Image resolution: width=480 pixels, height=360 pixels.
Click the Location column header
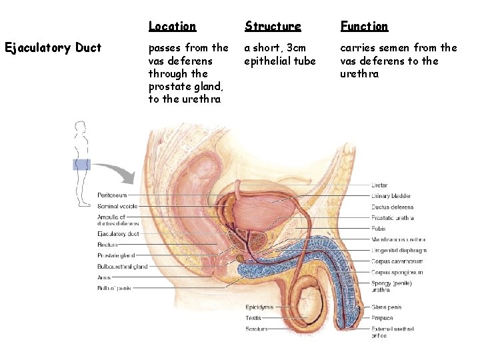click(x=172, y=27)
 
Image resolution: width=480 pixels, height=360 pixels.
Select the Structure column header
click(x=273, y=27)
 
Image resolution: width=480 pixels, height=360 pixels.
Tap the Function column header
click(x=364, y=27)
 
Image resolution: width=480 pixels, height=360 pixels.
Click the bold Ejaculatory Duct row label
click(x=53, y=48)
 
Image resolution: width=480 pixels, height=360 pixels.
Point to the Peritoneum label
click(x=112, y=195)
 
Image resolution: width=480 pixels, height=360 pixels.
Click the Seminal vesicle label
click(x=117, y=206)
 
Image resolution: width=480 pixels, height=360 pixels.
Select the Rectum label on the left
click(x=107, y=245)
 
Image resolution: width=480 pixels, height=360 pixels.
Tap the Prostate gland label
click(x=116, y=255)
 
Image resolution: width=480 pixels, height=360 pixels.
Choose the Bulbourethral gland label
click(x=122, y=267)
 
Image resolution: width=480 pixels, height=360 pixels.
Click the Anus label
click(x=104, y=277)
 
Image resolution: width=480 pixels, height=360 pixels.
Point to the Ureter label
click(x=379, y=185)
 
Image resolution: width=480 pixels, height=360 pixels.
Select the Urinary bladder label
click(x=391, y=196)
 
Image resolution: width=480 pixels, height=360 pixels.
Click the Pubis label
click(x=379, y=229)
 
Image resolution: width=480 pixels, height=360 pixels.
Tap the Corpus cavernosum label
click(x=397, y=261)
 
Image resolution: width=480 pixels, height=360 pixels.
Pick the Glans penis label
click(x=387, y=307)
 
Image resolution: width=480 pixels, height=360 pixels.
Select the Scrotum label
click(x=256, y=329)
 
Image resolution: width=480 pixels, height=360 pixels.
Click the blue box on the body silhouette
click(x=81, y=165)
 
